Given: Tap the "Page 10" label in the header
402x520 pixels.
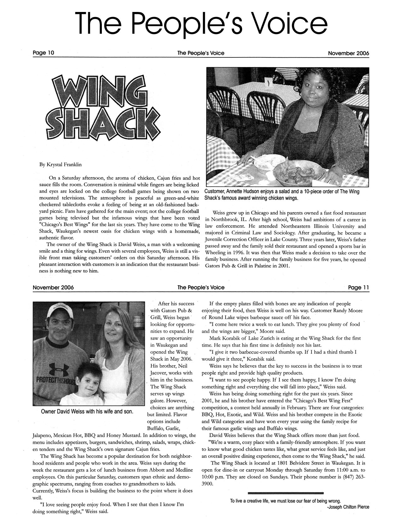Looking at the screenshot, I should pyautogui.click(x=44, y=53).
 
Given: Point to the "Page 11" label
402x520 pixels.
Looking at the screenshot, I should pyautogui.click(x=358, y=287).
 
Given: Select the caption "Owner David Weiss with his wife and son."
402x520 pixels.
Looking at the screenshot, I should pyautogui.click(x=87, y=412).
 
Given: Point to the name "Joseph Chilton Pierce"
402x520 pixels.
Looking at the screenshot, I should pyautogui.click(x=349, y=507).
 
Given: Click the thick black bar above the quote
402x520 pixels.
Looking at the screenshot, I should pyautogui.click(x=286, y=493).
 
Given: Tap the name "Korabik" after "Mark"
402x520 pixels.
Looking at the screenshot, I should pyautogui.click(x=233, y=338).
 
